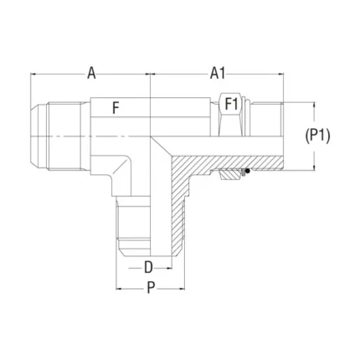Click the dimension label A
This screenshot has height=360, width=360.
coord(91,74)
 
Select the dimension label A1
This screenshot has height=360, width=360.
coord(218,74)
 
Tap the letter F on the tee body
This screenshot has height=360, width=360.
coord(116,108)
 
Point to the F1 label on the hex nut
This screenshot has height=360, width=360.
coord(231,105)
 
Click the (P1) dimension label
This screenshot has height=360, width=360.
coord(317,136)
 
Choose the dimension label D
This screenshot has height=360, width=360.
coord(148,267)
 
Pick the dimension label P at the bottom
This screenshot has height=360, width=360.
coord(151,288)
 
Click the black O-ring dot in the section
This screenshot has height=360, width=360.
coord(247,170)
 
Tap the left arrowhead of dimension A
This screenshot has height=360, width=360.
coord(33,74)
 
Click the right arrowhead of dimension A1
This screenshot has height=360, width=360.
coord(280,74)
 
